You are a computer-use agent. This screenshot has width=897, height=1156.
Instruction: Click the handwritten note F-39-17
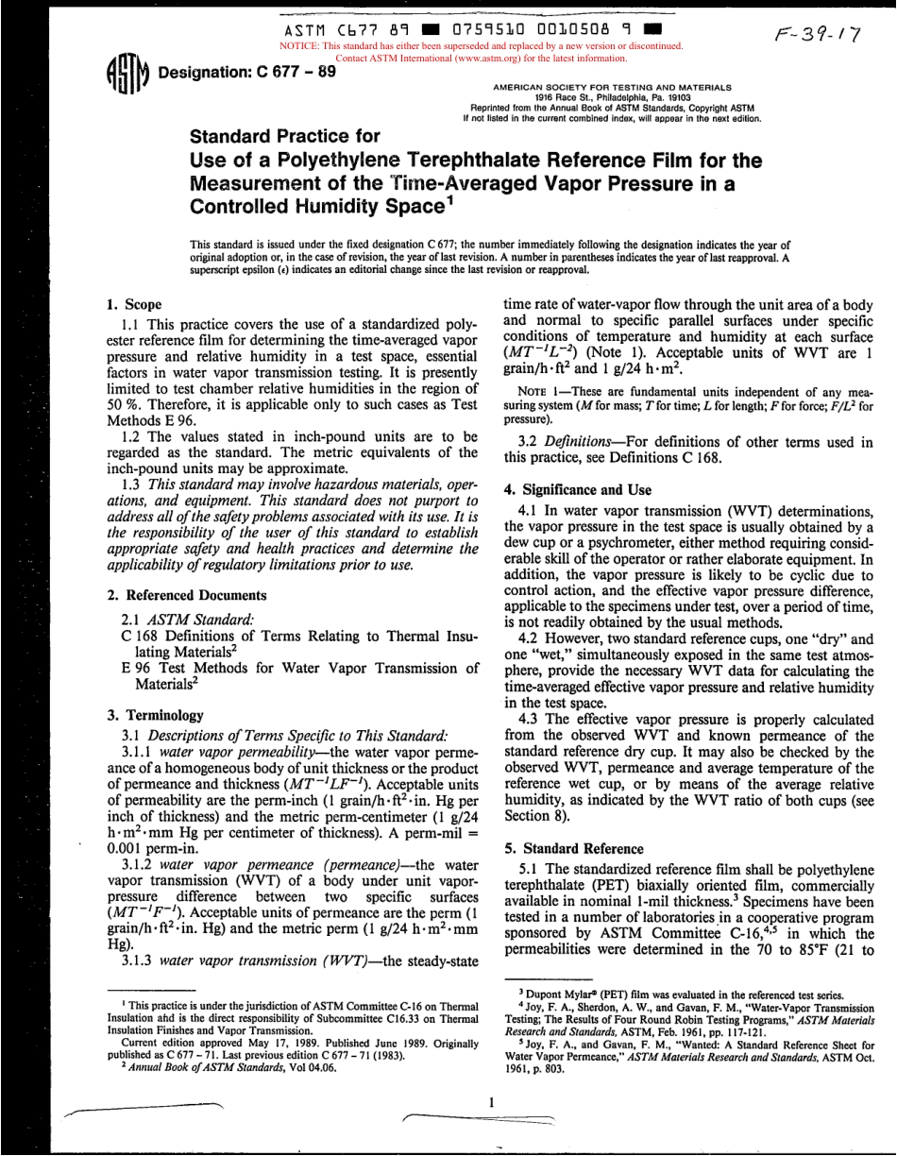tap(812, 30)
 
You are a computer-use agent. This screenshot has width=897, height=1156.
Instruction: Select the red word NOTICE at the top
tap(302, 44)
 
